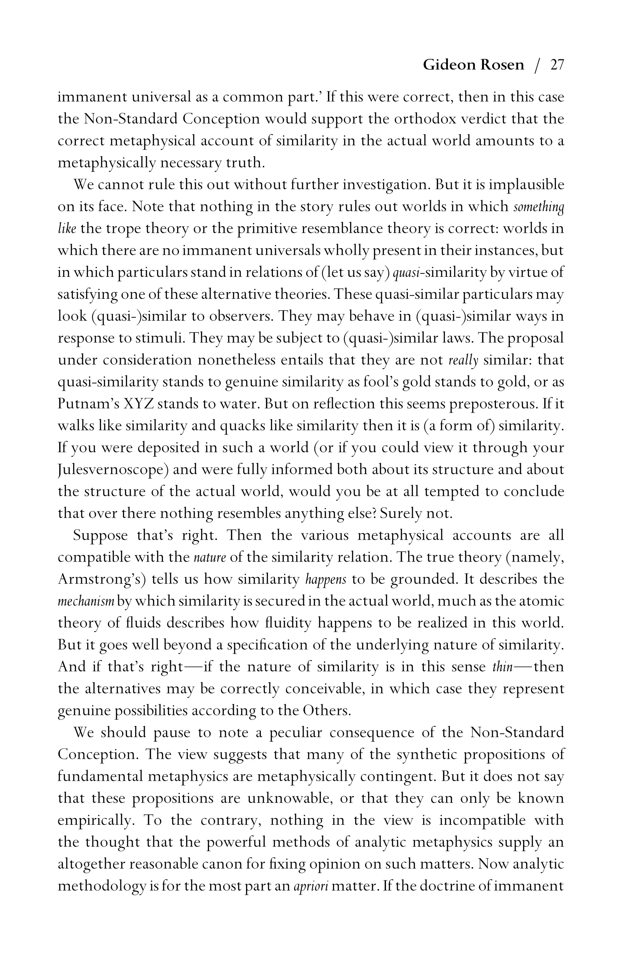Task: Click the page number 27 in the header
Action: pyautogui.click(x=557, y=65)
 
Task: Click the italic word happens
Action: pyautogui.click(x=326, y=579)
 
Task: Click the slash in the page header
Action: pyautogui.click(x=537, y=65)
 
